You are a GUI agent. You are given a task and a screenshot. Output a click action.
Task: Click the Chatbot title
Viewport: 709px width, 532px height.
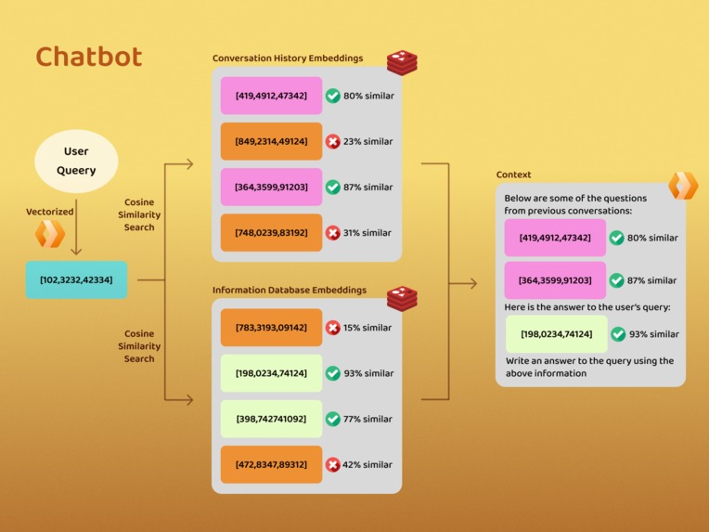89,58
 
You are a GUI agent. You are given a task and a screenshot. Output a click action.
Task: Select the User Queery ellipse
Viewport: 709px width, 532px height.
76,161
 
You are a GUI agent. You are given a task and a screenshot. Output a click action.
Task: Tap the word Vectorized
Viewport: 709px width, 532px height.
50,212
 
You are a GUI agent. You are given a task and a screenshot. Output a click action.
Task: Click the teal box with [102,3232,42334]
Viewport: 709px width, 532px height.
76,279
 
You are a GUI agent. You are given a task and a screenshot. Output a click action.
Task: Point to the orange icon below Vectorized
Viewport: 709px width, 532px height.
50,234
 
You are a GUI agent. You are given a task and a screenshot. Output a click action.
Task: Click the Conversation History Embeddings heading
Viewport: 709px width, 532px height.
288,58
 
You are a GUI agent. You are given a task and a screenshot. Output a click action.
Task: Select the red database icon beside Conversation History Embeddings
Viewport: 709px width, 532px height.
402,63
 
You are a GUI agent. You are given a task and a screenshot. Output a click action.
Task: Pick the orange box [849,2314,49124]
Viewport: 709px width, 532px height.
271,142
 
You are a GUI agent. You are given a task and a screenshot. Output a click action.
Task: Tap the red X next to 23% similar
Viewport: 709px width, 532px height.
333,142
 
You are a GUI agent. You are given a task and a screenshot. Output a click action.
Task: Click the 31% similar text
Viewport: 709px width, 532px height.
368,233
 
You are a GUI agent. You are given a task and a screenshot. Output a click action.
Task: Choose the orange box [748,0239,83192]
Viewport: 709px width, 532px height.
271,233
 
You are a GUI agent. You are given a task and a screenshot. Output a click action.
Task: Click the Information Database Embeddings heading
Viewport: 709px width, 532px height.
290,291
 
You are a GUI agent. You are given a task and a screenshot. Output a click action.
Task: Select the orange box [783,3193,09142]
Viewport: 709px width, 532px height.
271,328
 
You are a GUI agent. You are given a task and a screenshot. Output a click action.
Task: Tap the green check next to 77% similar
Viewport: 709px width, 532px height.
333,419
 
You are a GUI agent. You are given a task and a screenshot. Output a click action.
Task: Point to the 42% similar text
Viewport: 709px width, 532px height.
368,464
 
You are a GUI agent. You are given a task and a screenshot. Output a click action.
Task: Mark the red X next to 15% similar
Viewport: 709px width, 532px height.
333,328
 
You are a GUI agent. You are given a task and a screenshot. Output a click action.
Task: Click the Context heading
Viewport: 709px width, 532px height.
514,175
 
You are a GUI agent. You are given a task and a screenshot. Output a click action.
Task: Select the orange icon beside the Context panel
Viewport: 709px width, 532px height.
683,185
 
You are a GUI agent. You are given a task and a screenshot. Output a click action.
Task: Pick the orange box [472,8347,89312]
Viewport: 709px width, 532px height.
271,464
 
